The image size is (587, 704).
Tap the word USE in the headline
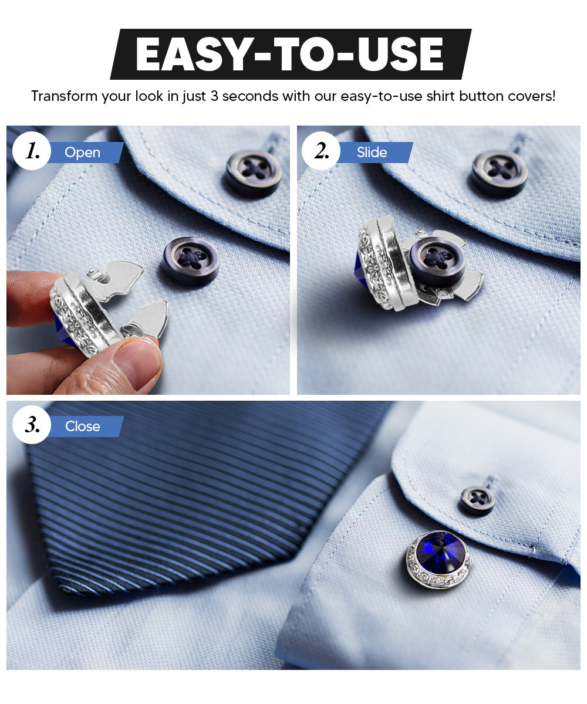click(x=399, y=55)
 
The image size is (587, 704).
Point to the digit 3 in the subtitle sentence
click(x=214, y=96)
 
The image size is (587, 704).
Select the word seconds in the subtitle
click(x=250, y=96)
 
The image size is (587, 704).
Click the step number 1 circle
click(x=32, y=151)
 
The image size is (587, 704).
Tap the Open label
click(x=82, y=153)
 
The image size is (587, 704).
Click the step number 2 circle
click(x=321, y=151)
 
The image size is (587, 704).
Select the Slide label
click(x=372, y=153)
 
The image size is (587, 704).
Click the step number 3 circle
click(x=32, y=425)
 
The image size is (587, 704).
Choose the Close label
click(x=82, y=427)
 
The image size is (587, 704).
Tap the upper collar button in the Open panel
click(x=254, y=172)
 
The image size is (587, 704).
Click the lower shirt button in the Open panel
click(x=191, y=260)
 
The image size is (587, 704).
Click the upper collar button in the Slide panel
click(x=500, y=172)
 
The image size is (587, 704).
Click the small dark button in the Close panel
click(x=477, y=500)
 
